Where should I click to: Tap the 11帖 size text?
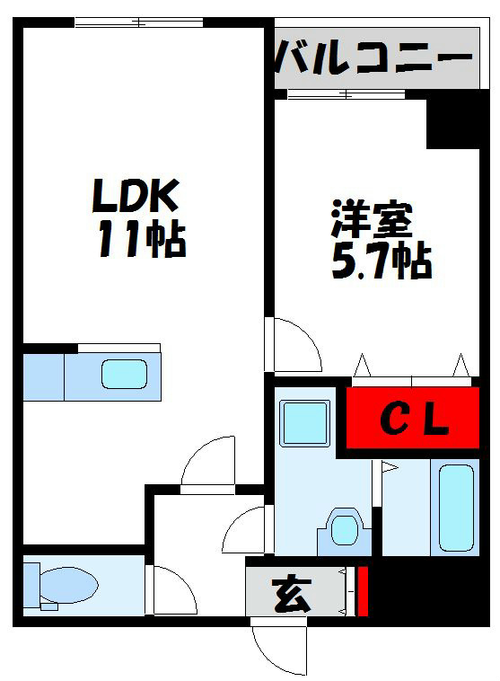tap(141, 240)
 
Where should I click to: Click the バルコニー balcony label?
tap(373, 60)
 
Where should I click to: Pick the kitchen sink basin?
tap(124, 374)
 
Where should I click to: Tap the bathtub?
tap(455, 508)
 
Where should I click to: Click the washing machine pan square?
tap(304, 422)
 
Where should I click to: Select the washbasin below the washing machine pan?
tap(343, 529)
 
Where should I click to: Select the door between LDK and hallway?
tap(209, 463)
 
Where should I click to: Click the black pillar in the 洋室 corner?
tap(452, 123)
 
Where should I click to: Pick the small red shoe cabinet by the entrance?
tap(362, 591)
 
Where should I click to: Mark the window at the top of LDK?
tap(139, 22)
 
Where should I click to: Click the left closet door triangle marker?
tap(363, 367)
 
